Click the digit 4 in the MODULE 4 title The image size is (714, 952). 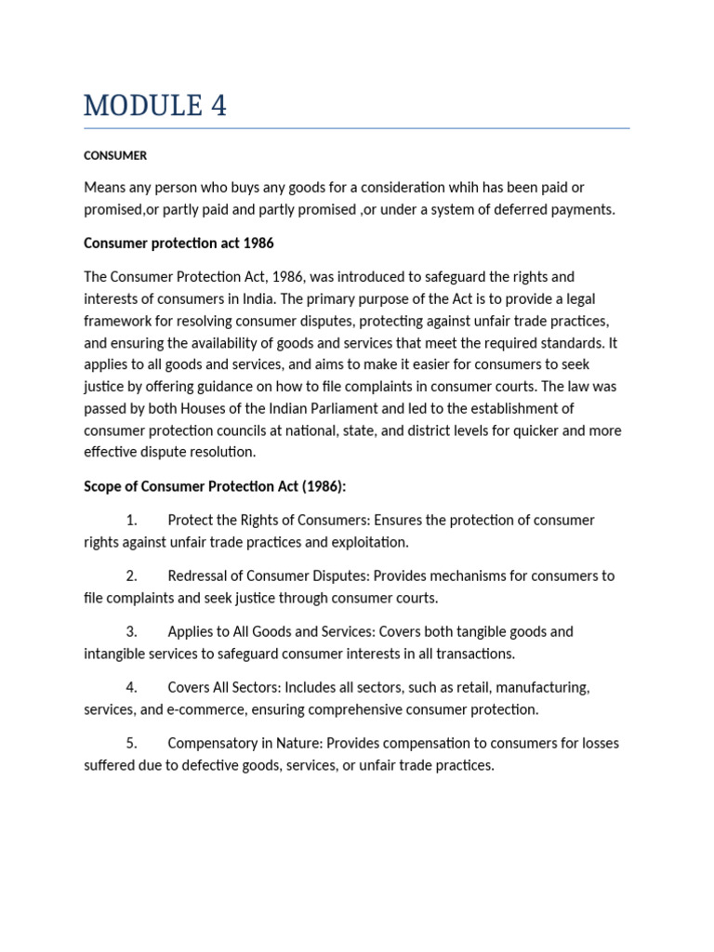pos(218,106)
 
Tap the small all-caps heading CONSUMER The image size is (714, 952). pos(115,155)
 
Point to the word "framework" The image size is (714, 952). pos(117,321)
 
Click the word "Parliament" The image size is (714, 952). pos(354,408)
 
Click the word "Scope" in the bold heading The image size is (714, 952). pos(103,486)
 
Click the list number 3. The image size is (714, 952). pos(131,632)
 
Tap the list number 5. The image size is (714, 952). pos(131,744)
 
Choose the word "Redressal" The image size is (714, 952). pos(200,576)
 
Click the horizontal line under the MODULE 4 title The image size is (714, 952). pos(356,128)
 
